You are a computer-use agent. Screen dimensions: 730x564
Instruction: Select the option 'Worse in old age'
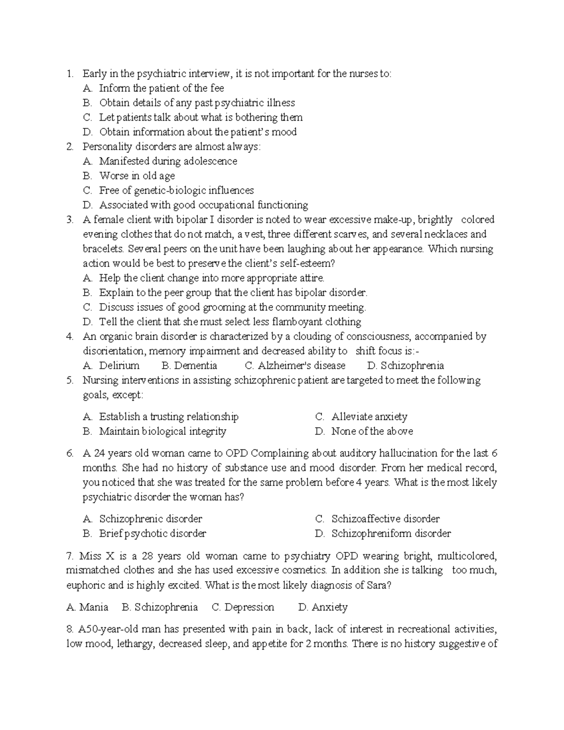click(x=137, y=176)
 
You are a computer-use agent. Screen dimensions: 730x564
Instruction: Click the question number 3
click(x=70, y=220)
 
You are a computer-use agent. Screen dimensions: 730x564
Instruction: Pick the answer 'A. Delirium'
click(x=111, y=366)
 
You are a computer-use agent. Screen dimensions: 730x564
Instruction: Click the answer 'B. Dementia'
click(x=189, y=366)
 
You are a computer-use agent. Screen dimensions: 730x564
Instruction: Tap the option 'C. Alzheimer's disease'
click(x=295, y=366)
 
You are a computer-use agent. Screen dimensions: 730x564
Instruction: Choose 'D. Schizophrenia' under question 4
click(x=405, y=366)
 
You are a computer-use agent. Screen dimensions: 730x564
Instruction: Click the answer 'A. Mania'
click(x=87, y=607)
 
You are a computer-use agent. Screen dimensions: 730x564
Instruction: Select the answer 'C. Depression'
click(x=243, y=607)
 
